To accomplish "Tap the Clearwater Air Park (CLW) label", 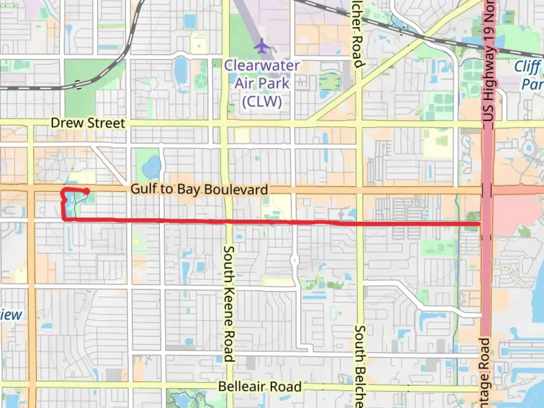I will coord(262,83).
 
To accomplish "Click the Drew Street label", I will coord(88,123).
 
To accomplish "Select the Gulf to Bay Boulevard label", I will coord(199,189).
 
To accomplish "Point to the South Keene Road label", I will coord(229,304).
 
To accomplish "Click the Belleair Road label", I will coord(260,387).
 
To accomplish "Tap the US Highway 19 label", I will coord(489,60).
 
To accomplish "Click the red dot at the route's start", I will coord(87,191).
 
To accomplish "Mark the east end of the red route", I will coord(479,224).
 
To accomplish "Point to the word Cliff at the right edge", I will coord(527,66).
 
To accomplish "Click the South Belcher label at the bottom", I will coord(360,366).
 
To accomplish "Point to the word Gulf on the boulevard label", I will coord(143,189).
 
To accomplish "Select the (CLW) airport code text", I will coord(262,102).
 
